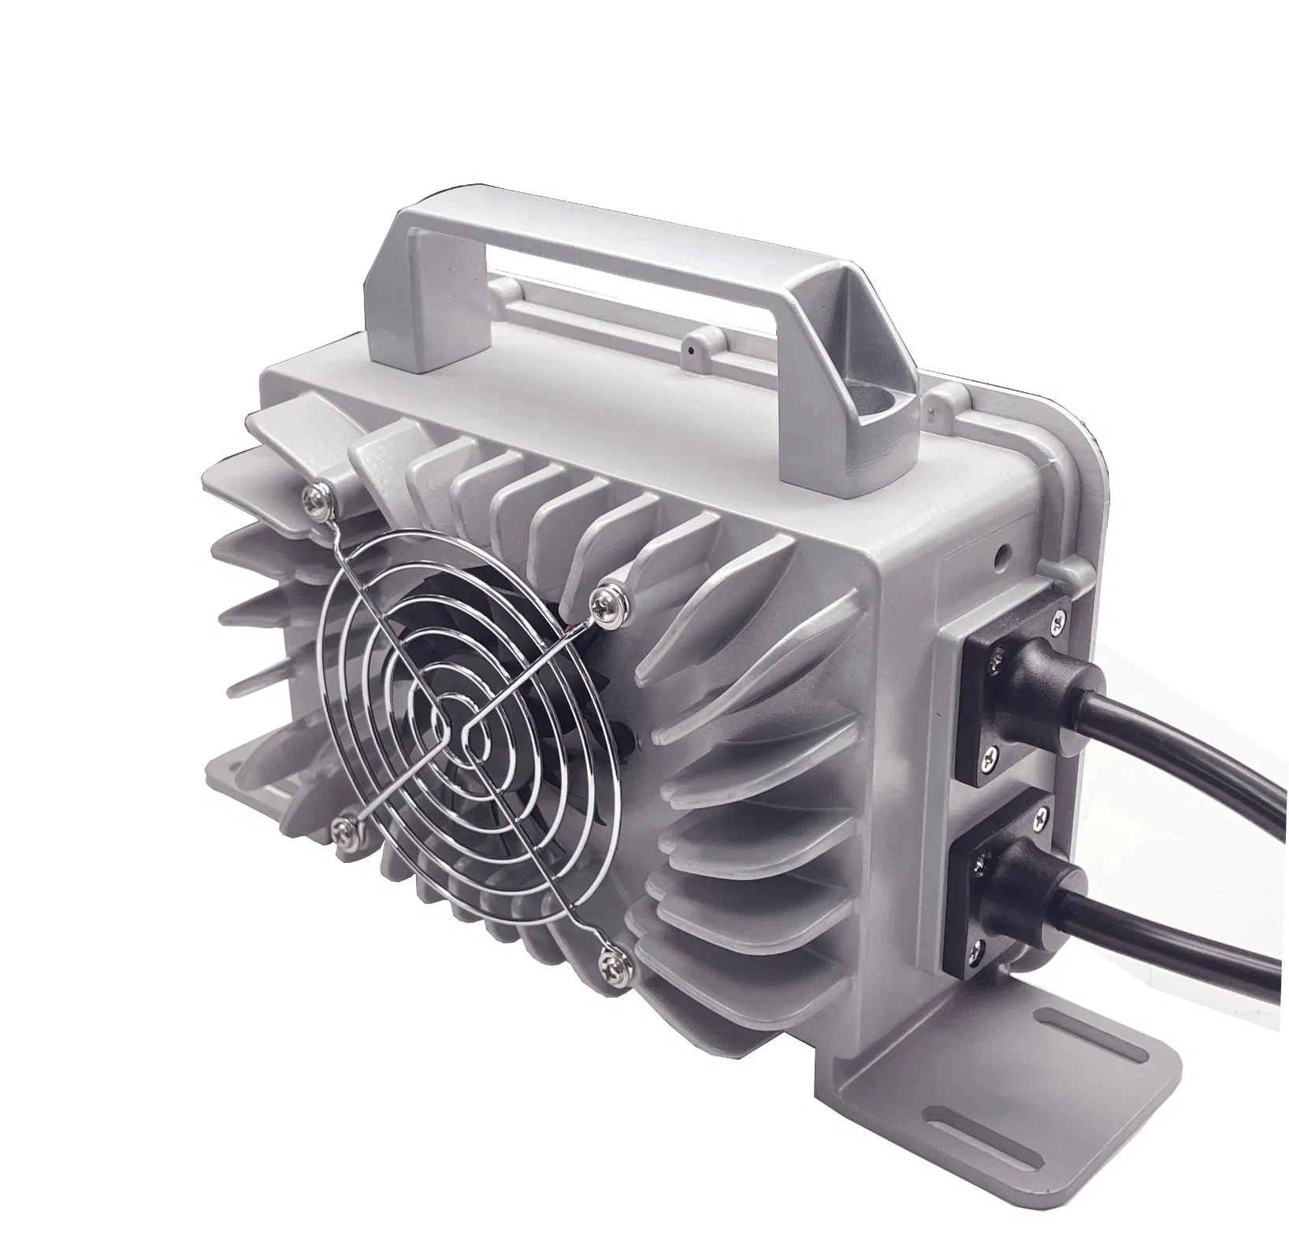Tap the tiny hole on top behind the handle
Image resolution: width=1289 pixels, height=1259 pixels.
click(692, 345)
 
